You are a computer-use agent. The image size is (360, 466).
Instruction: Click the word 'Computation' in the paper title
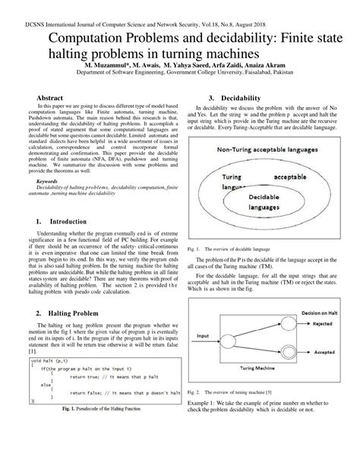click(x=91, y=39)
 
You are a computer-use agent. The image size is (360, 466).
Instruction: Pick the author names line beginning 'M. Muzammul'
click(x=179, y=65)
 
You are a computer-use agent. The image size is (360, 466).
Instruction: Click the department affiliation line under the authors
click(x=179, y=74)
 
